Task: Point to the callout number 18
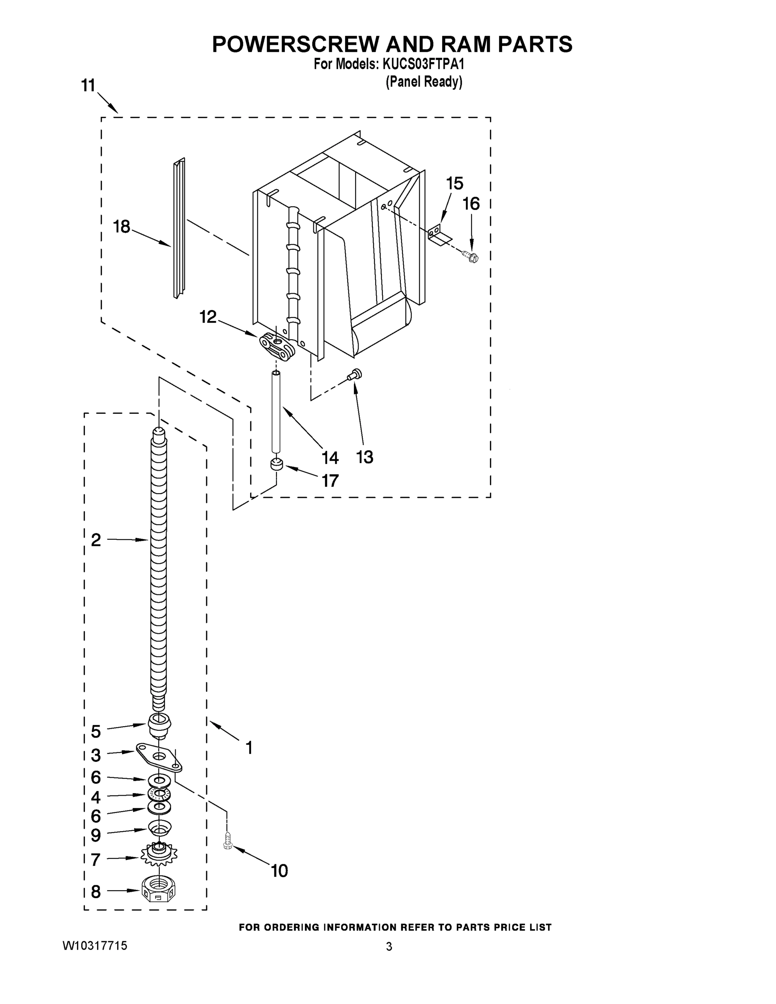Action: [x=121, y=227]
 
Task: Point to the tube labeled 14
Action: [x=276, y=414]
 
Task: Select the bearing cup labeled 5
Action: [x=159, y=725]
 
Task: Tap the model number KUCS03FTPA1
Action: [x=423, y=64]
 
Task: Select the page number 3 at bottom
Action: [x=389, y=947]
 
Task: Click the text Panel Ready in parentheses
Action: [x=424, y=82]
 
